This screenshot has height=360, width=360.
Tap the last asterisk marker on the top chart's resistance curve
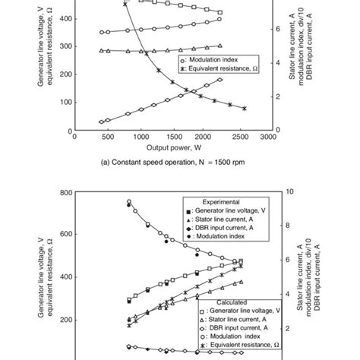click(x=245, y=109)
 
